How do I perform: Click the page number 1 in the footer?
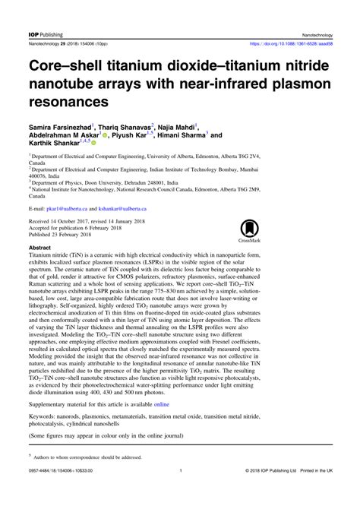(x=180, y=492)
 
